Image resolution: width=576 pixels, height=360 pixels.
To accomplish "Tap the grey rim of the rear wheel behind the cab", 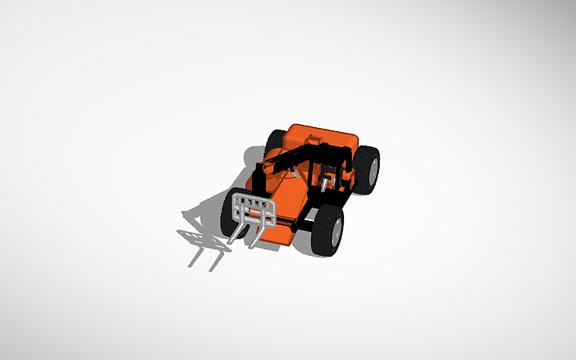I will [x=373, y=168].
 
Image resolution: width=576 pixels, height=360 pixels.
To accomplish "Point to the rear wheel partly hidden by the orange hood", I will [x=273, y=141].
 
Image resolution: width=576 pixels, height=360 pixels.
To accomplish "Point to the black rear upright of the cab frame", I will [x=347, y=171].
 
